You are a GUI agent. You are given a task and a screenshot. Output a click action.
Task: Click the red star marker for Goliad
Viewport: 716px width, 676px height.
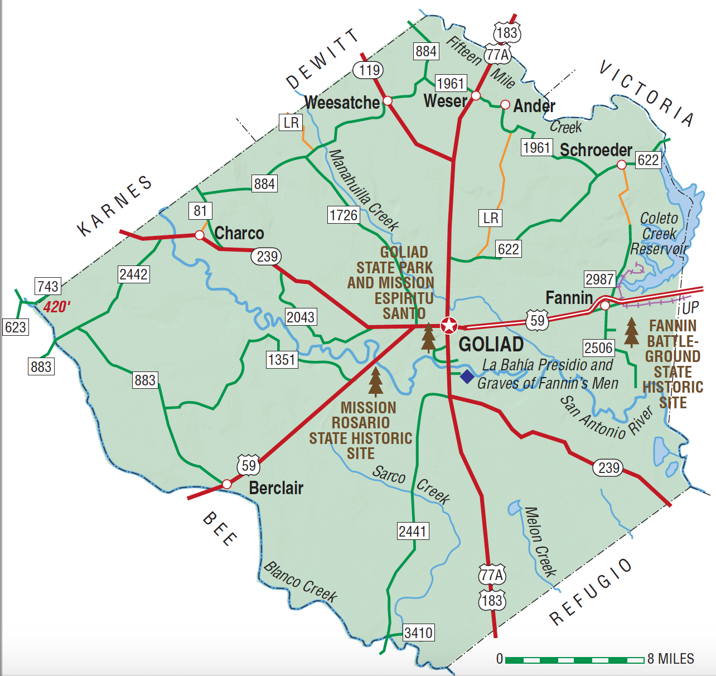pyautogui.click(x=449, y=325)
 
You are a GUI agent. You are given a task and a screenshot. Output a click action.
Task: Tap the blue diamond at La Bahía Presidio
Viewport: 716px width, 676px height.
pyautogui.click(x=467, y=376)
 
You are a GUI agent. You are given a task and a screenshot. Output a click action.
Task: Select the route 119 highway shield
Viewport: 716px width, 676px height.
pyautogui.click(x=369, y=70)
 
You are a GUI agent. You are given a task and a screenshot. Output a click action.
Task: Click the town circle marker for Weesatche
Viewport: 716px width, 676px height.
pyautogui.click(x=388, y=101)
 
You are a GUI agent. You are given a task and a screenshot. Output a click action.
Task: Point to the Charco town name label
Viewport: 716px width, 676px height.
pyautogui.click(x=239, y=233)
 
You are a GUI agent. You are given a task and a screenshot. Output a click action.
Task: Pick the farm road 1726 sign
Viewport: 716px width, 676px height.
pyautogui.click(x=344, y=215)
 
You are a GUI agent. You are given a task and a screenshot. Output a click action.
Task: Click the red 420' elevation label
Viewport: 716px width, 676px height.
pyautogui.click(x=57, y=307)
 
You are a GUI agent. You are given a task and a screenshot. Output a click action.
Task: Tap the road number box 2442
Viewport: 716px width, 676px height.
pyautogui.click(x=134, y=274)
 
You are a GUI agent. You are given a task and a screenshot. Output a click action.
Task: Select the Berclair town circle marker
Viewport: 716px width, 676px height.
pyautogui.click(x=226, y=484)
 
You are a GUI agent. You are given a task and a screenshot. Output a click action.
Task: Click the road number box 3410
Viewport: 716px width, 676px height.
pyautogui.click(x=418, y=633)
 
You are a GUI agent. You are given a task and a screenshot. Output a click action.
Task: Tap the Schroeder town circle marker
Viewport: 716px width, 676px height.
pyautogui.click(x=621, y=165)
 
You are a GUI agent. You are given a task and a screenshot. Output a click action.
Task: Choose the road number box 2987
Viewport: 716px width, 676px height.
pyautogui.click(x=599, y=279)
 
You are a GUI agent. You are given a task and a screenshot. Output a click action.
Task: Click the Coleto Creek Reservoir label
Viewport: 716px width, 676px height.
pyautogui.click(x=659, y=234)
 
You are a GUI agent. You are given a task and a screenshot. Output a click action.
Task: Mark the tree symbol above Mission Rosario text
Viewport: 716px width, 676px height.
pyautogui.click(x=376, y=381)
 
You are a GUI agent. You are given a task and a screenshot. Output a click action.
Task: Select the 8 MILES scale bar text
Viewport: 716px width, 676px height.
pyautogui.click(x=671, y=659)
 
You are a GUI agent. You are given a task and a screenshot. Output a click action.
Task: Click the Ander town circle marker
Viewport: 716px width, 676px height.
pyautogui.click(x=505, y=105)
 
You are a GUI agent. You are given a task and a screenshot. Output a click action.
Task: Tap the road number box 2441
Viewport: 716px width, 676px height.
pyautogui.click(x=413, y=531)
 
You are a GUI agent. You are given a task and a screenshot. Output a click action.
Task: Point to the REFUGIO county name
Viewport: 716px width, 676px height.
pyautogui.click(x=591, y=592)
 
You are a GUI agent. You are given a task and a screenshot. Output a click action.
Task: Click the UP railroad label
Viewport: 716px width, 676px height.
pyautogui.click(x=690, y=308)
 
